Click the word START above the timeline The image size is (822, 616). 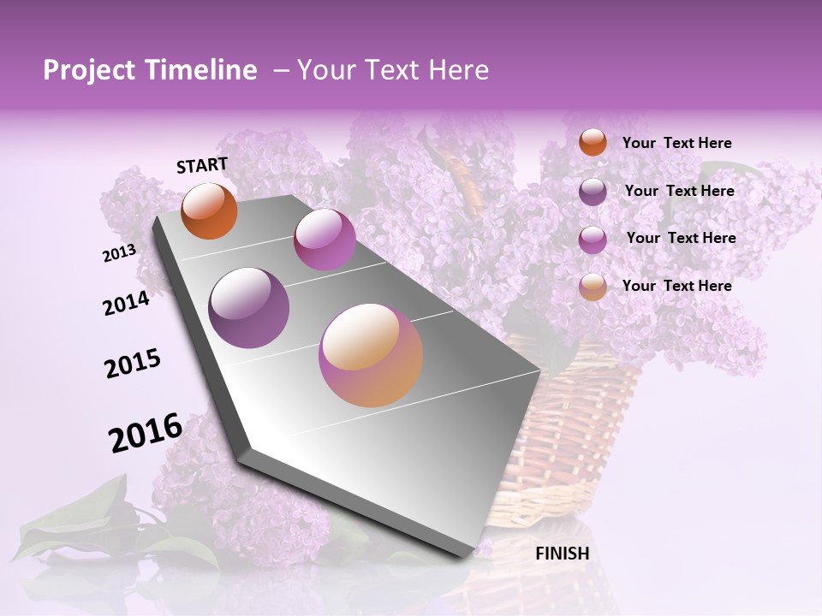(x=202, y=165)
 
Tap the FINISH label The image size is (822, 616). (x=562, y=554)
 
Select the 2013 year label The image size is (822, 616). (x=119, y=252)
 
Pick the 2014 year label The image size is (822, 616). (x=126, y=303)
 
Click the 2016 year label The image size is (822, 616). (x=146, y=433)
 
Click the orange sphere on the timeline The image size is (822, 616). (x=209, y=211)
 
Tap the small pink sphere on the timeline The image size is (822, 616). (x=325, y=240)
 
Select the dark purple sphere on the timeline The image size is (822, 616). (x=249, y=308)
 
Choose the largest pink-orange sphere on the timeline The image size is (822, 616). (x=371, y=355)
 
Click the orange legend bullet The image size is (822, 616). (x=593, y=143)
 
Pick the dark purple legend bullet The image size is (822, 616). (x=593, y=192)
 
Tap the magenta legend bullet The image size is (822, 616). (x=593, y=240)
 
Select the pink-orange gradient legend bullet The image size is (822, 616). (x=593, y=287)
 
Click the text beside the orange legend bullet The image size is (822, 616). (x=676, y=144)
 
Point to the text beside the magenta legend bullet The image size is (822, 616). (x=681, y=238)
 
